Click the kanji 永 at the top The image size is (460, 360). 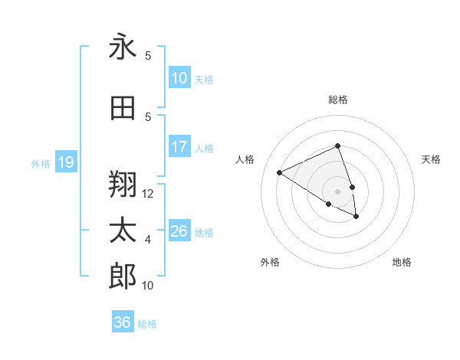[123, 47]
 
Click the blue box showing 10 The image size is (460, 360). [179, 78]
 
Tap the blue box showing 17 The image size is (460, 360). [179, 147]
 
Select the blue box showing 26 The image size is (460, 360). [179, 231]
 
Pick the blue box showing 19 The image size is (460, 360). [65, 162]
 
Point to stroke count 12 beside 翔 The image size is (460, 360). [148, 194]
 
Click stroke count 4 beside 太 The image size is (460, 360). [148, 240]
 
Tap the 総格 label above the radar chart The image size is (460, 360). [337, 100]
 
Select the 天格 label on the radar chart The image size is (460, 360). [431, 159]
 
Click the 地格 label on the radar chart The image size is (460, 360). [402, 262]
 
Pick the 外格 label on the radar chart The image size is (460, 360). [270, 262]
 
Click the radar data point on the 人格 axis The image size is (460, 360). [280, 173]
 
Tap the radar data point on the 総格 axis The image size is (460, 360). [337, 146]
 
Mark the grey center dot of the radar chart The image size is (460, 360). [337, 191]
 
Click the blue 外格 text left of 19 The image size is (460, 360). [40, 163]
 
